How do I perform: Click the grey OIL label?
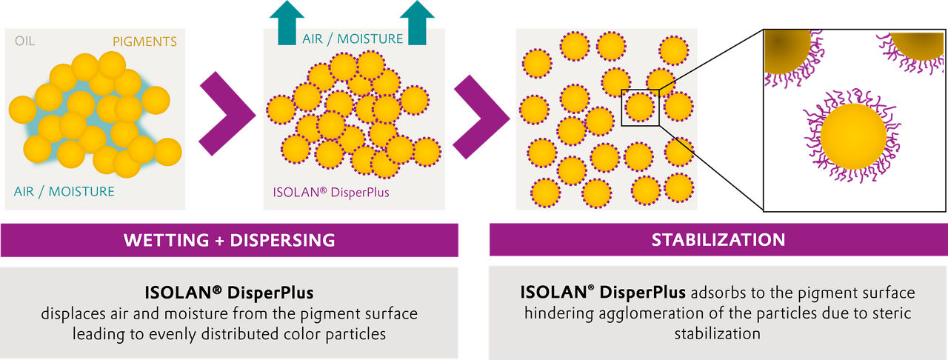coord(24,42)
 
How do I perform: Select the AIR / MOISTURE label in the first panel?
coord(64,192)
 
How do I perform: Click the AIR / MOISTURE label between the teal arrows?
coord(352,39)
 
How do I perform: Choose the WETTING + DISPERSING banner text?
coord(229,240)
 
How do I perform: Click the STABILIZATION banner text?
coord(718,240)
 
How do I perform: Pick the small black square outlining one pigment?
coord(639,108)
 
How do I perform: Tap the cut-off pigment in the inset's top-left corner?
coord(784,51)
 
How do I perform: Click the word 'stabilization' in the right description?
coord(717,333)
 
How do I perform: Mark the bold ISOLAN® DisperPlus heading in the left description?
coord(229,293)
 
